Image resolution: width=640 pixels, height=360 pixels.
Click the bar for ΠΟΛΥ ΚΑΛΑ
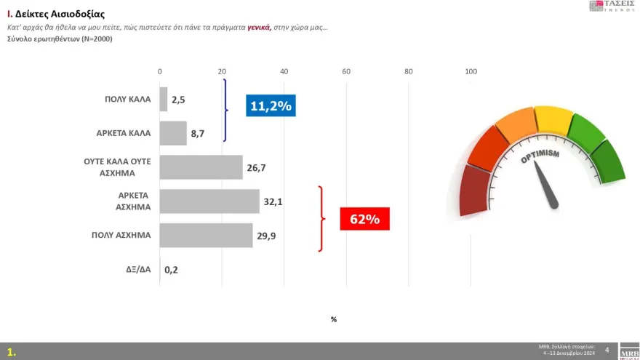pos(164,100)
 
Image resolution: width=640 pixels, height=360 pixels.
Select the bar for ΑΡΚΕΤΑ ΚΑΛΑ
pos(173,133)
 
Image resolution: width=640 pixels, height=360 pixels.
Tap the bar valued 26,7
pos(201,167)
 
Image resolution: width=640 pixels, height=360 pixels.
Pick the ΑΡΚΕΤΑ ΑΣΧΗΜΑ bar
pos(209,201)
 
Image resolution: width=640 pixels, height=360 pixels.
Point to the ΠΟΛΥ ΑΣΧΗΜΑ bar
pos(206,235)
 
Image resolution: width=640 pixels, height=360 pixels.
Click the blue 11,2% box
pos(271,106)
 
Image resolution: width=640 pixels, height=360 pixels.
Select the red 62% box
pos(365,218)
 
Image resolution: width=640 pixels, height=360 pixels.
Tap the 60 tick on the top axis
pos(346,71)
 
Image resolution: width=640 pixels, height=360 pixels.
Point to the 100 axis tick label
pos(471,71)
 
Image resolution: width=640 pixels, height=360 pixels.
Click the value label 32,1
pos(272,201)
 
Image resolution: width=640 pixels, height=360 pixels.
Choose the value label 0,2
pos(172,269)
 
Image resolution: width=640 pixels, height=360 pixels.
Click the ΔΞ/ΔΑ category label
pos(137,269)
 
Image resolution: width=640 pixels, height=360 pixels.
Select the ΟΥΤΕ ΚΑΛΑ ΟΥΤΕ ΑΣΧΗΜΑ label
pos(117,167)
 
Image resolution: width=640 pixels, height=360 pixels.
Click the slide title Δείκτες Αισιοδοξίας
pos(59,13)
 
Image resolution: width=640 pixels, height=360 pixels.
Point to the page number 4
pos(607,350)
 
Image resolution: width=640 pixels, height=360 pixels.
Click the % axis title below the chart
pos(333,319)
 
